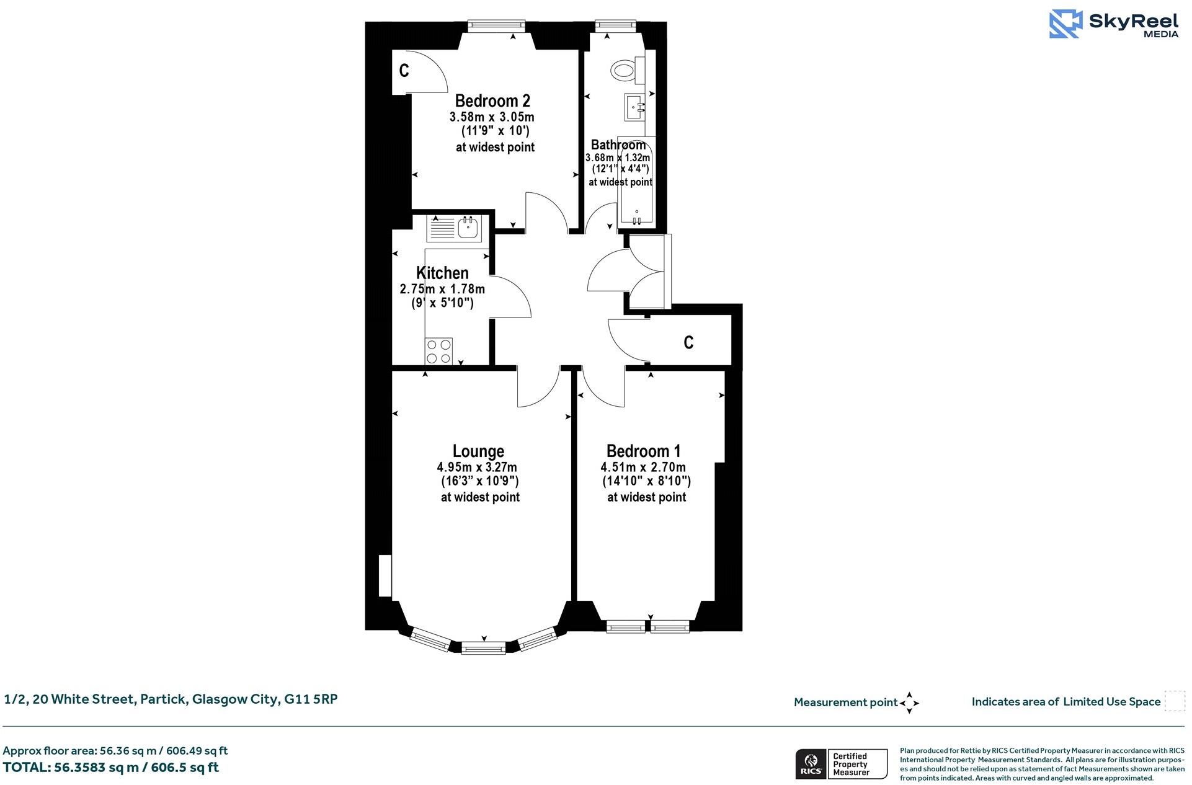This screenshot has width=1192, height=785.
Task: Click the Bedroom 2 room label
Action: (x=492, y=100)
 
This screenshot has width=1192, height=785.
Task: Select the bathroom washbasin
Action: (x=635, y=107)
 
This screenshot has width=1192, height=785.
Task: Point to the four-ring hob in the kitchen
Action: (x=438, y=352)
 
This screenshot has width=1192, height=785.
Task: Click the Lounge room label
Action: (x=478, y=451)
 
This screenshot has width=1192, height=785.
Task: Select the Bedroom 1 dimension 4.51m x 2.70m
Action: (x=643, y=467)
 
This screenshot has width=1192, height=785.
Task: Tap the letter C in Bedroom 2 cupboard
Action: (x=404, y=71)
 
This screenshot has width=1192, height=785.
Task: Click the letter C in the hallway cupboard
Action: (x=688, y=342)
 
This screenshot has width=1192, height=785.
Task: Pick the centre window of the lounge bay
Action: (x=484, y=649)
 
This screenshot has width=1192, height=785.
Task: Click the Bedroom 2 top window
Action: (x=496, y=26)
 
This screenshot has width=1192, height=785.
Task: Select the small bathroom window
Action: (x=616, y=25)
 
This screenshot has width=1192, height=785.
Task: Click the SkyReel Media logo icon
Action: (x=1065, y=24)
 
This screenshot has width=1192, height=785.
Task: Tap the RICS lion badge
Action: (x=809, y=764)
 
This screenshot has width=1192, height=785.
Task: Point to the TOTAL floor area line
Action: (x=111, y=768)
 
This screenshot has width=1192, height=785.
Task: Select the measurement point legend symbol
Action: (x=909, y=703)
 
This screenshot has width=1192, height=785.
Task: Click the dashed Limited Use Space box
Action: (x=1174, y=701)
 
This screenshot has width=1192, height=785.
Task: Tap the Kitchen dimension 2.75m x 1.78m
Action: (x=442, y=289)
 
